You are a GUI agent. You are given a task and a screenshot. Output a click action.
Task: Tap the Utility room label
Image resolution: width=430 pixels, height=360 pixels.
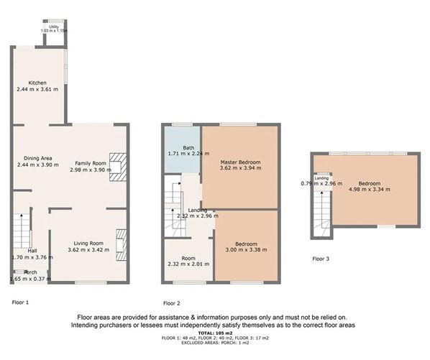point(52,28)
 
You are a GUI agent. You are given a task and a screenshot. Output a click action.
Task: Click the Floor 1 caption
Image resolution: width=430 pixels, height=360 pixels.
point(21,303)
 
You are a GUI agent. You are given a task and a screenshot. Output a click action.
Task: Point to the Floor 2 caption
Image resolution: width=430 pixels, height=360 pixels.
point(172,303)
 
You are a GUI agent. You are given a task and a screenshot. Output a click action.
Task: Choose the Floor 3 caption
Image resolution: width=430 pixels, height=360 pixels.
point(322,258)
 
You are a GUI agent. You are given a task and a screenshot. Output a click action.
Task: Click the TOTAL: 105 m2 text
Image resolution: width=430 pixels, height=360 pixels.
point(214,333)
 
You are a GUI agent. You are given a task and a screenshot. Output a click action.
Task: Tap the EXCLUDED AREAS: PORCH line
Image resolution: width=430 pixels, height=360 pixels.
point(214,343)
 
